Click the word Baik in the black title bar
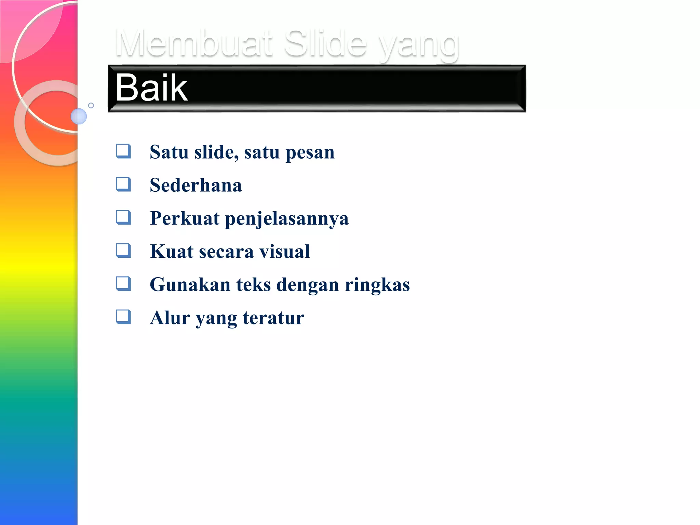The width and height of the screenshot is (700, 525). tap(151, 88)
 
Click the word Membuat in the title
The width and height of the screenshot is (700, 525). tap(194, 43)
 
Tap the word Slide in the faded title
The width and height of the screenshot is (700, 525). tap(325, 43)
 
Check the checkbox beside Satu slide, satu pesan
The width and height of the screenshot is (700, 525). tap(123, 151)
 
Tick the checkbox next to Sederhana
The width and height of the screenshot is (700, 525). tap(123, 184)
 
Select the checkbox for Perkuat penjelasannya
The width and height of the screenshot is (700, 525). tap(123, 217)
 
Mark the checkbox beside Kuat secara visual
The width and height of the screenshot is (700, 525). tap(123, 251)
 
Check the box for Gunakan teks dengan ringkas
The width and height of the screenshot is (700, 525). tap(123, 284)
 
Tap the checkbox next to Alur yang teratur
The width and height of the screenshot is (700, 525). tap(123, 317)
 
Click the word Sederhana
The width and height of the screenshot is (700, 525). tap(196, 185)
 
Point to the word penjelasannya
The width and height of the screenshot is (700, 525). tap(287, 219)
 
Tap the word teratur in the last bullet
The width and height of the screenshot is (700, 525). tap(273, 318)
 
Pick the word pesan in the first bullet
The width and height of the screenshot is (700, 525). tap(310, 153)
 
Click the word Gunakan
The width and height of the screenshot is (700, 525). tap(190, 285)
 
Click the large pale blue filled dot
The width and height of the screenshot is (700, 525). tap(79, 116)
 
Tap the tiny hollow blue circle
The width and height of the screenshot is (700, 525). tap(91, 105)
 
